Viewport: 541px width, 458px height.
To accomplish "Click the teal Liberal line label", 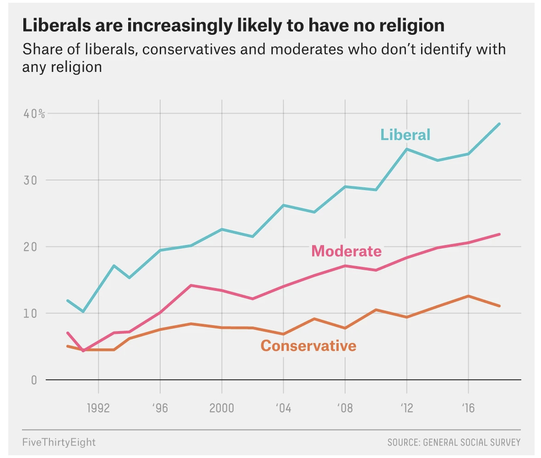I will click(x=405, y=135).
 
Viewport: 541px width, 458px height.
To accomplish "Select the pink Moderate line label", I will click(x=346, y=251).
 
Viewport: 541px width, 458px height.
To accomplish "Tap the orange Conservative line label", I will click(x=308, y=345).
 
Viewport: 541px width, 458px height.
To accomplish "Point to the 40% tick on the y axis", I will click(x=34, y=114).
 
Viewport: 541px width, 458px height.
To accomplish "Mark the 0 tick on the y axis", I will click(x=34, y=380).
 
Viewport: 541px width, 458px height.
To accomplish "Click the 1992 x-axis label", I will click(x=98, y=408).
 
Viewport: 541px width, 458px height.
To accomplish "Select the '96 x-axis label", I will click(x=160, y=408).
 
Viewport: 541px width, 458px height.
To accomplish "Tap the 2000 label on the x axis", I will click(x=222, y=408).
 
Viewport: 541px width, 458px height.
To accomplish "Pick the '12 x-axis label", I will click(x=406, y=408).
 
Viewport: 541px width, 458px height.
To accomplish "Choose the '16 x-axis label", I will click(x=467, y=408).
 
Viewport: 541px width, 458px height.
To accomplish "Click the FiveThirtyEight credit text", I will click(x=59, y=442).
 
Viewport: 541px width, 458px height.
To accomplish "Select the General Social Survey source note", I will click(x=454, y=442).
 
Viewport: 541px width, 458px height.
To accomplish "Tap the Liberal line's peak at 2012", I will click(x=406, y=149).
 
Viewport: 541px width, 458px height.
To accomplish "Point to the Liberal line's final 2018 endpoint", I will click(x=499, y=124).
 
